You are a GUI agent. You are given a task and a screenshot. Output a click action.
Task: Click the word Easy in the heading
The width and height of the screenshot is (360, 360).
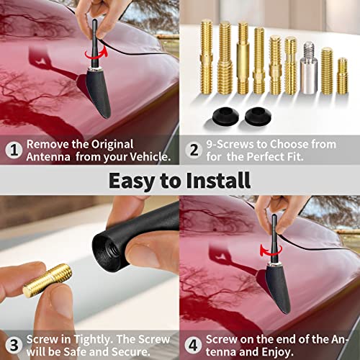(x=135, y=179)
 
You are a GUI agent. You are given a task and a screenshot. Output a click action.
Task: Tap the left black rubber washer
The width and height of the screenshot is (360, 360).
(x=225, y=117)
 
